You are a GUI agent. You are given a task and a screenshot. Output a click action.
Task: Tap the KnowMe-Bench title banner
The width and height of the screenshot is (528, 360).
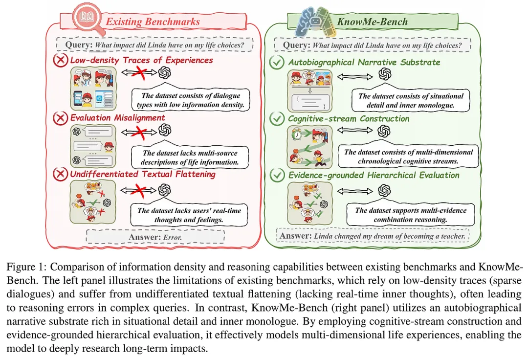coord(372,21)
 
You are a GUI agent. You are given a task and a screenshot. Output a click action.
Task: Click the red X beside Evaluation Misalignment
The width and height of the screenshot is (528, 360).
coord(61,118)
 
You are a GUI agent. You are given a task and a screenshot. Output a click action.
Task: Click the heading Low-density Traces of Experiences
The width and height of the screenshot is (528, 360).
coord(141,60)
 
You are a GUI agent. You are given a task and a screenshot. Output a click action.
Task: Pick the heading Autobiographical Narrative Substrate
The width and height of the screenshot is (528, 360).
coord(364,62)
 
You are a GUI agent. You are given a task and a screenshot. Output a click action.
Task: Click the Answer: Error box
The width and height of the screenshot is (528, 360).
coord(155,237)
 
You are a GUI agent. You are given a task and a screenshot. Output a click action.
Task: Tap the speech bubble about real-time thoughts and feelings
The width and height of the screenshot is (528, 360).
coord(189,215)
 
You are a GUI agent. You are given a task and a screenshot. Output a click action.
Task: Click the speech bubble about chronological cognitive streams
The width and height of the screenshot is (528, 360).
coord(408,156)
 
